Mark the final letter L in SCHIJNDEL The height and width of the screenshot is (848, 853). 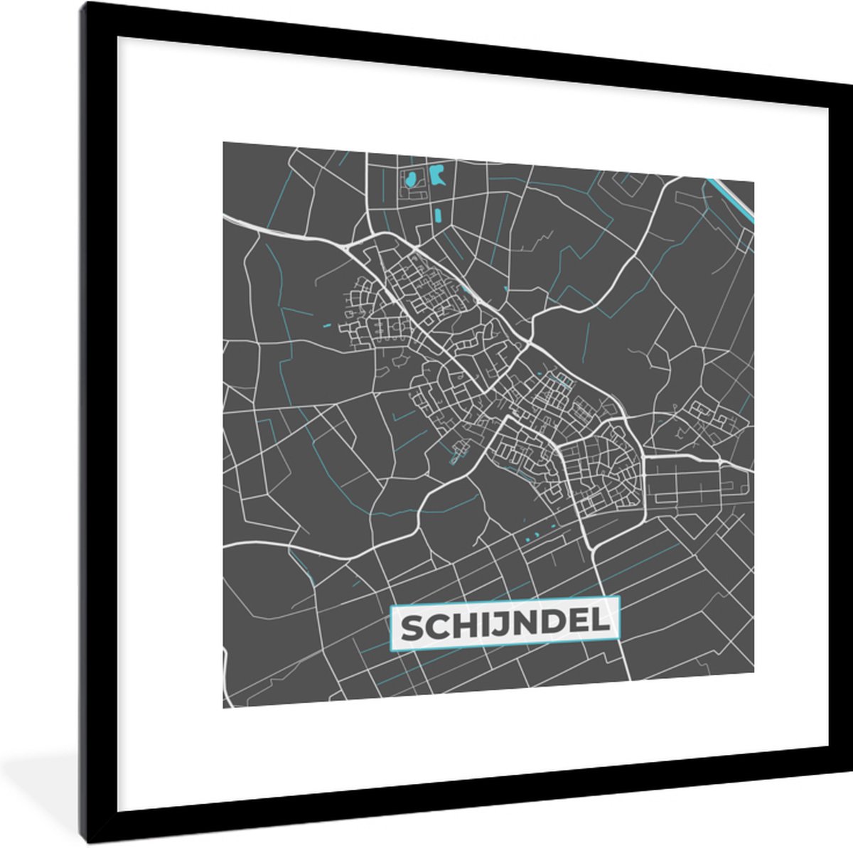[600, 626]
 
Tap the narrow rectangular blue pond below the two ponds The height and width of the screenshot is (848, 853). [436, 213]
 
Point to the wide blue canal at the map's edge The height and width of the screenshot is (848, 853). [732, 199]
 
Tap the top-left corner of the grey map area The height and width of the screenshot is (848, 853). [223, 142]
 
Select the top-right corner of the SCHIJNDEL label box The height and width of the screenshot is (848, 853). [621, 598]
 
